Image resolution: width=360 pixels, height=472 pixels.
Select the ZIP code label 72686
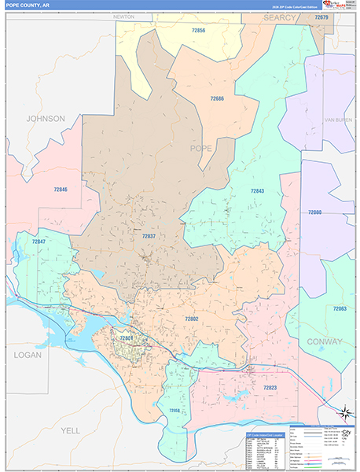(x=218, y=98)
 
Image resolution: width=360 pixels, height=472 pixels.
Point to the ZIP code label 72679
(x=321, y=17)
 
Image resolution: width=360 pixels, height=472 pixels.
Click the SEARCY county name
(x=280, y=17)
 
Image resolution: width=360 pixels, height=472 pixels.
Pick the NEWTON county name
(x=123, y=16)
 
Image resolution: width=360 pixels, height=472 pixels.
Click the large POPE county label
(x=201, y=147)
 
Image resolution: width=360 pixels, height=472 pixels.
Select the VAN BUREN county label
(x=334, y=119)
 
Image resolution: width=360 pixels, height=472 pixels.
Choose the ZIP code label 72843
(x=257, y=191)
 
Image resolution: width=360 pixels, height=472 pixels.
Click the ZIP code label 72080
(x=314, y=212)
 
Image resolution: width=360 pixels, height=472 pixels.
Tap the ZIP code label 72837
(x=149, y=235)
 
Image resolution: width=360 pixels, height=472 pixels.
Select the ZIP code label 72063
(x=339, y=309)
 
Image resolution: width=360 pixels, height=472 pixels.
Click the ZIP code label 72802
(x=192, y=319)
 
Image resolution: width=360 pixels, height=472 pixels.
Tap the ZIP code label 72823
(x=269, y=388)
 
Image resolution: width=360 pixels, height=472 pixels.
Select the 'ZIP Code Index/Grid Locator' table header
(x=267, y=433)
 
